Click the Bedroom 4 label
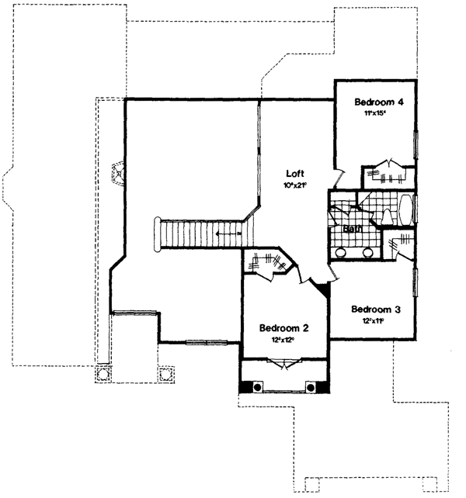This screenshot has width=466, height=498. [380, 102]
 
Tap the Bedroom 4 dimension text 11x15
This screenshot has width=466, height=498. [375, 113]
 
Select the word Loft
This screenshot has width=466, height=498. [294, 174]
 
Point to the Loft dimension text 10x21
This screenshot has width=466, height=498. [294, 185]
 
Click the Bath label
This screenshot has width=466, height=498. [353, 229]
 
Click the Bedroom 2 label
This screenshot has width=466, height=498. [284, 327]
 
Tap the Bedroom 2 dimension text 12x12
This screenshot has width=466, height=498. [284, 339]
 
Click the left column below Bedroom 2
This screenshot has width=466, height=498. [254, 386]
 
